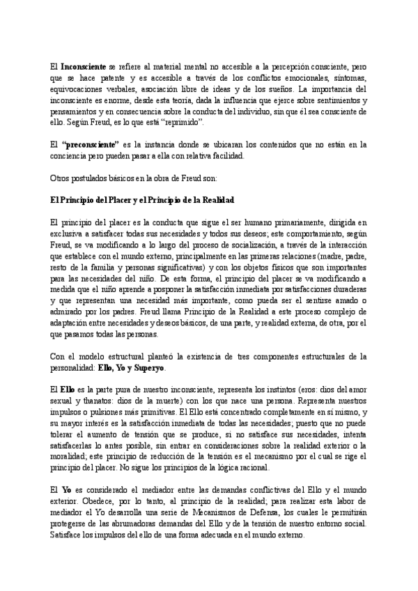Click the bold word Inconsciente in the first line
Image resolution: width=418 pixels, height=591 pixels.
(83, 65)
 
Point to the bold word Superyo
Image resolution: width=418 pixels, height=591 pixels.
(149, 367)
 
